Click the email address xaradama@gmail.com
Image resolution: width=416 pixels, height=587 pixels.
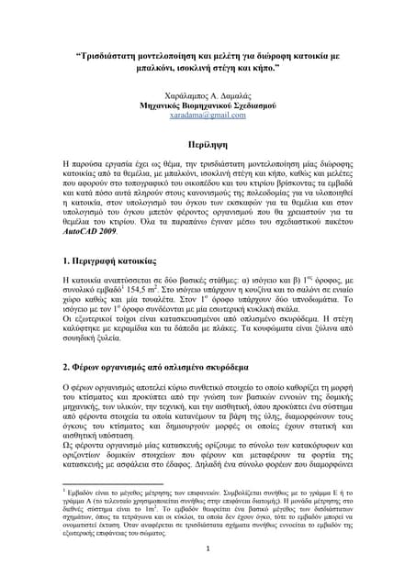point(208,116)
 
